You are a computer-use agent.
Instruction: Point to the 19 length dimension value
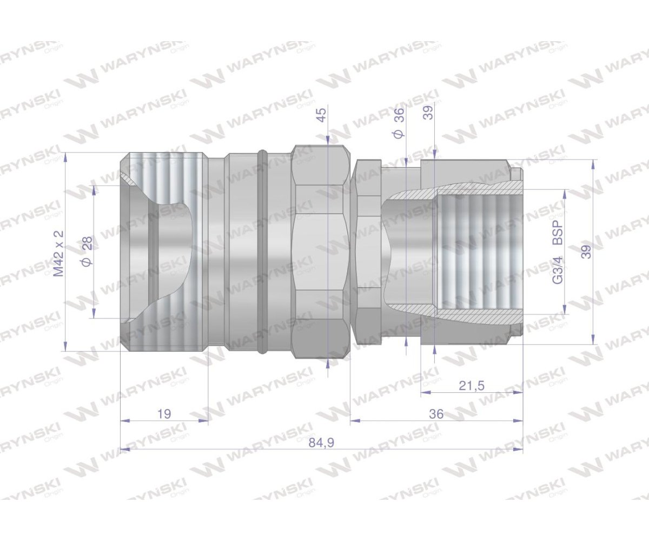pyautogui.click(x=164, y=414)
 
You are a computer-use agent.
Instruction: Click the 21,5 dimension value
pyautogui.click(x=471, y=385)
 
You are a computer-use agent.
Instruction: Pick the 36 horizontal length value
pyautogui.click(x=436, y=414)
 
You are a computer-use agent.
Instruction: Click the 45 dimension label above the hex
pyautogui.click(x=322, y=115)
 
